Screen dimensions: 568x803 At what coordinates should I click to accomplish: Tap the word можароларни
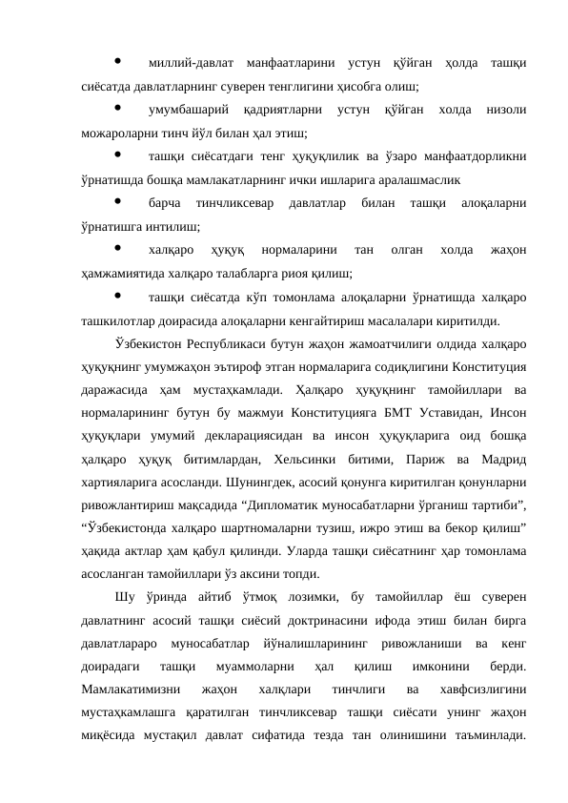point(113,133)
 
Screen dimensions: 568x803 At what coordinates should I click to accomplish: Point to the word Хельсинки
point(329,457)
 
